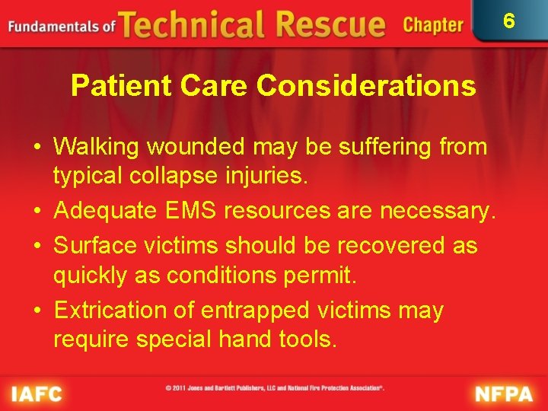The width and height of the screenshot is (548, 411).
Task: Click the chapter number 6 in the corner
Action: (509, 21)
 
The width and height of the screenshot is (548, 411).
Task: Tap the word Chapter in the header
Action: (433, 25)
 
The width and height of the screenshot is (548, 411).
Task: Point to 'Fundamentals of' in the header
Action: (61, 27)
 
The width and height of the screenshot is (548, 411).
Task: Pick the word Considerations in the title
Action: (366, 86)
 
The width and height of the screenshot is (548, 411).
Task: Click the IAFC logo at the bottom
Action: (37, 393)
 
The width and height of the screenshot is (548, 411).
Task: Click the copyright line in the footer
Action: (275, 388)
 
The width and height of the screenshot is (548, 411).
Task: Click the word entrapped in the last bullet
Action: (255, 311)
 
